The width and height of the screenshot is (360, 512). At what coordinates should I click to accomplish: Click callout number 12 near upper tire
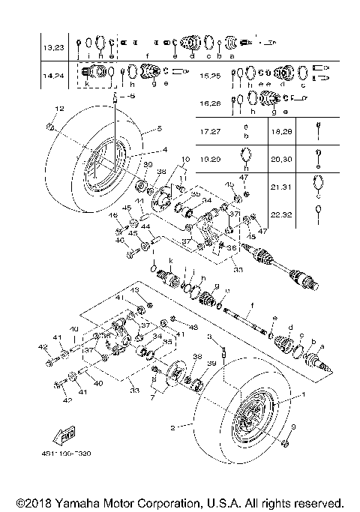(x=58, y=110)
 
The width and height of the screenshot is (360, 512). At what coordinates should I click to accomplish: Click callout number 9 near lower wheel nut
(x=293, y=427)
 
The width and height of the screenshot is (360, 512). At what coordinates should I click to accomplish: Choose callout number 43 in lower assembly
(x=136, y=290)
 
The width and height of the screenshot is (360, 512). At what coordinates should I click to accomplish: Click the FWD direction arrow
(x=64, y=437)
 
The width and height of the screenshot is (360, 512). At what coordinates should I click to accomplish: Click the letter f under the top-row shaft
(x=147, y=56)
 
